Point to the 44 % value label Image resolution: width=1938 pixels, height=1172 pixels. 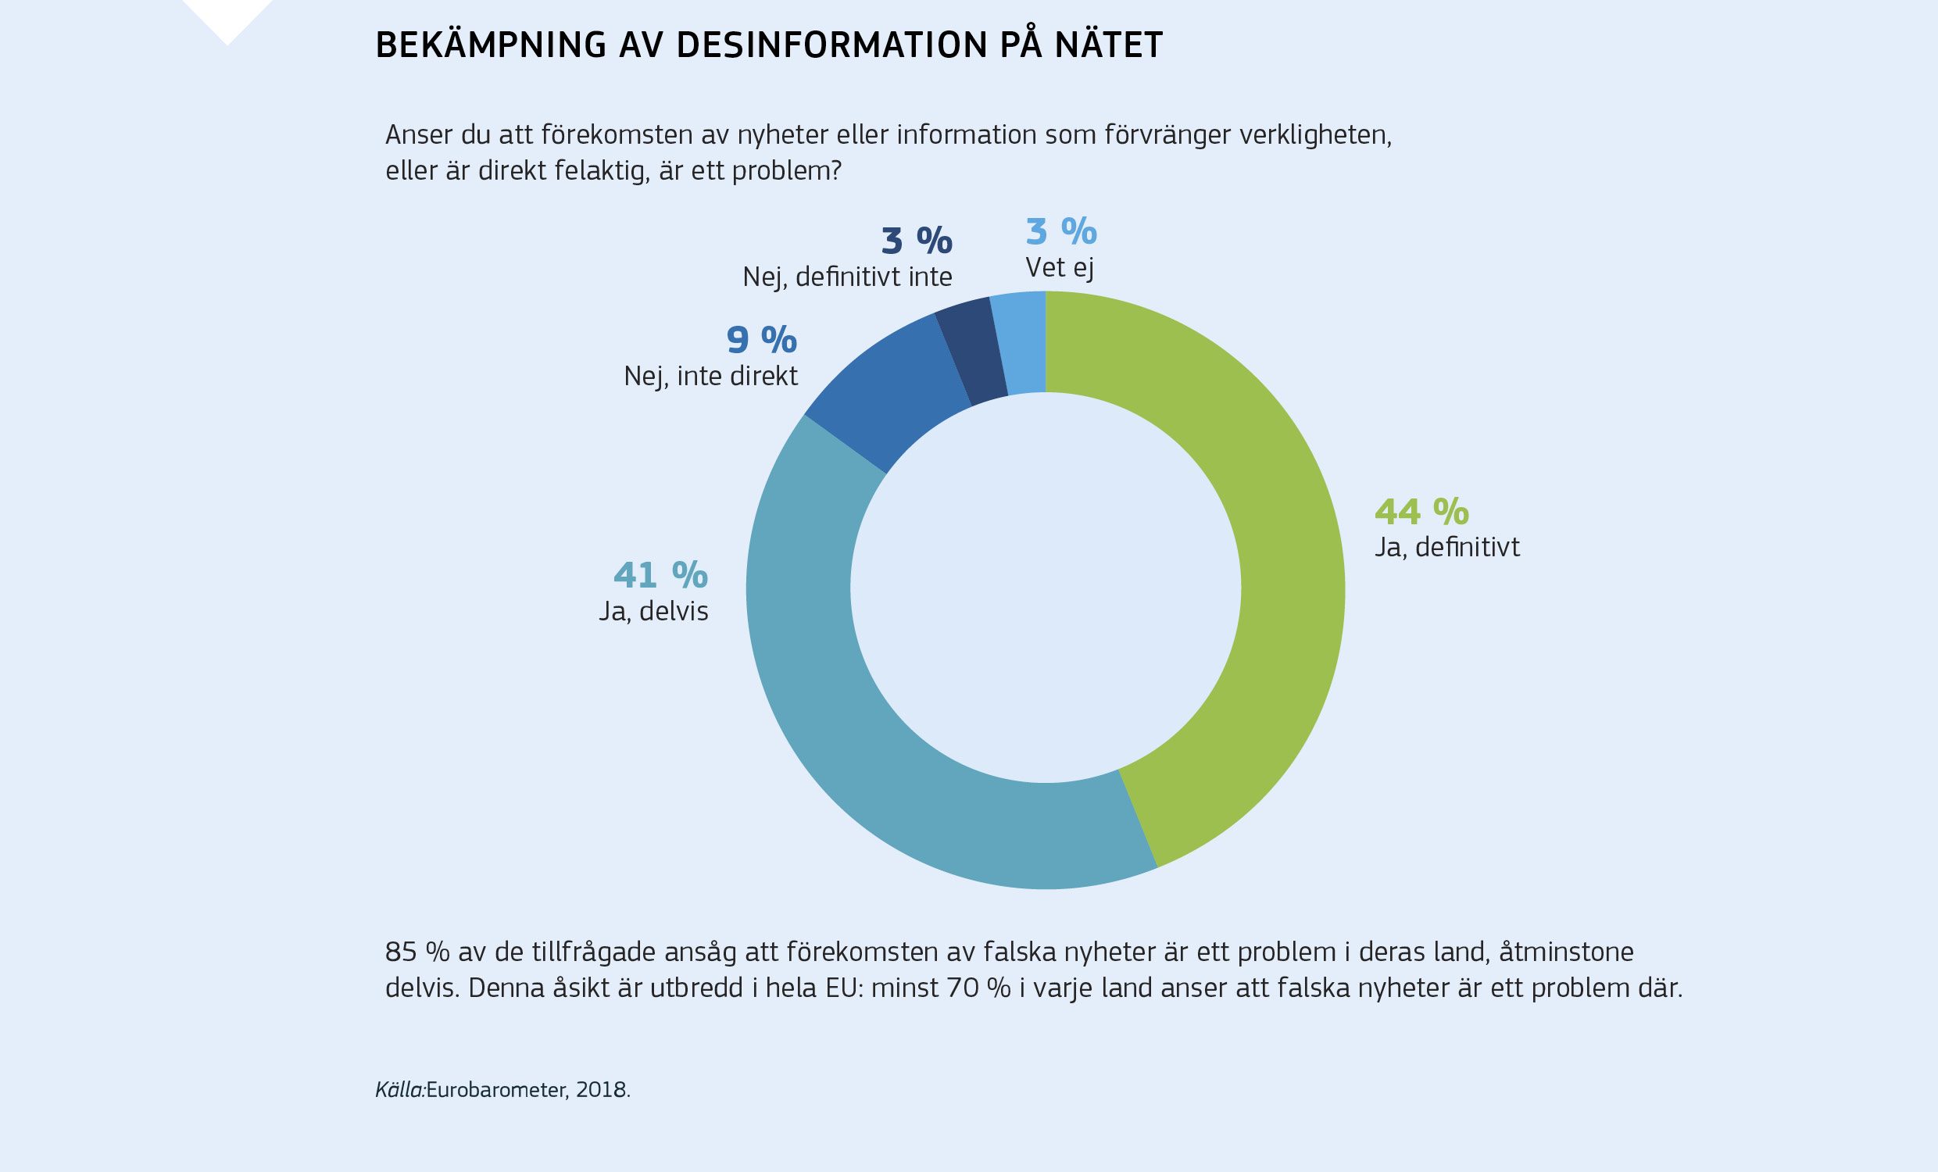[1421, 512]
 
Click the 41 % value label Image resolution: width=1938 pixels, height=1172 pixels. [660, 575]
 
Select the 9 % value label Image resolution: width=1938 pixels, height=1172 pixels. [760, 341]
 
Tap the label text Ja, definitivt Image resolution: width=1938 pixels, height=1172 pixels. [1446, 548]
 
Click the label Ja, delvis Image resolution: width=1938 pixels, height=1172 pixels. [653, 611]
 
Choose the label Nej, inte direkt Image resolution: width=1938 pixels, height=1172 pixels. [710, 377]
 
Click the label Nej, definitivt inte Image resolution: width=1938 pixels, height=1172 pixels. [847, 277]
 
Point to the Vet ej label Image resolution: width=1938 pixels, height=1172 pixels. [1059, 268]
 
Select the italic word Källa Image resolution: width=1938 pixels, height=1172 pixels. [399, 1090]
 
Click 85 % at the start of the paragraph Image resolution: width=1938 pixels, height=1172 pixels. [417, 952]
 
